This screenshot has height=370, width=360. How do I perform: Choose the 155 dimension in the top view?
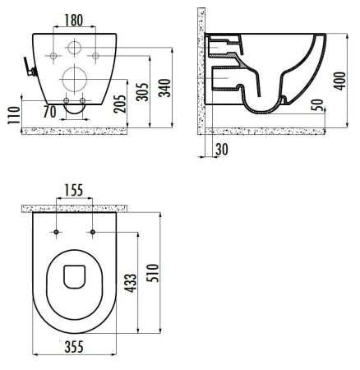[x=76, y=190]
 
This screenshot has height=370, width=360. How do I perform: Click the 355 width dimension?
[x=74, y=348]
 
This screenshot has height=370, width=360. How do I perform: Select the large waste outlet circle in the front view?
[x=75, y=81]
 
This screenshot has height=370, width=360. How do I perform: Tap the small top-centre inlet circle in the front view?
[x=75, y=47]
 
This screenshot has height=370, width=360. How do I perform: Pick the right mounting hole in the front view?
[x=95, y=55]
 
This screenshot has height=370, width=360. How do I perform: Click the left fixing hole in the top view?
[x=57, y=233]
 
